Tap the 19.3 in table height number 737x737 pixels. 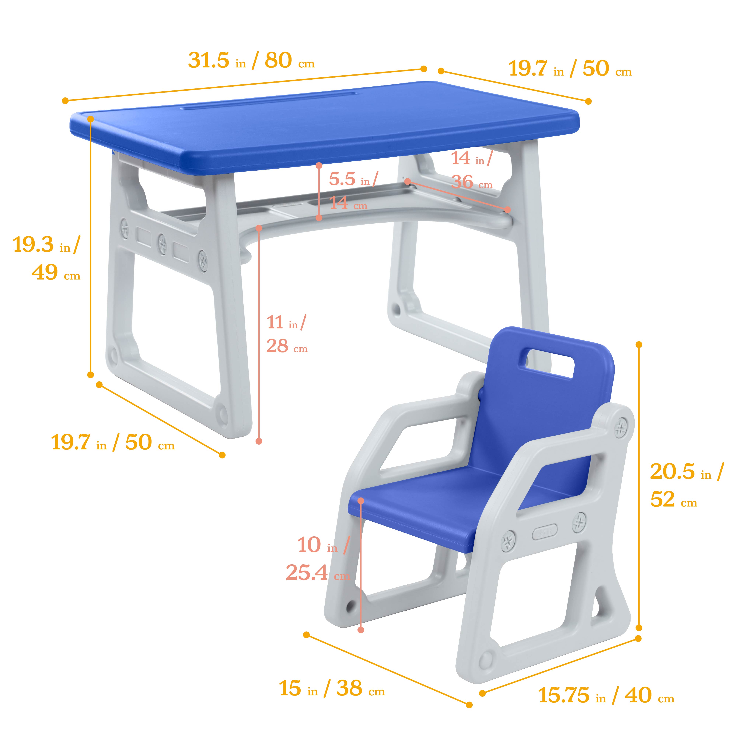[34, 244]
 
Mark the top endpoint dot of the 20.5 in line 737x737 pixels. [639, 345]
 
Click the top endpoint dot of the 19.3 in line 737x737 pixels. [90, 119]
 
